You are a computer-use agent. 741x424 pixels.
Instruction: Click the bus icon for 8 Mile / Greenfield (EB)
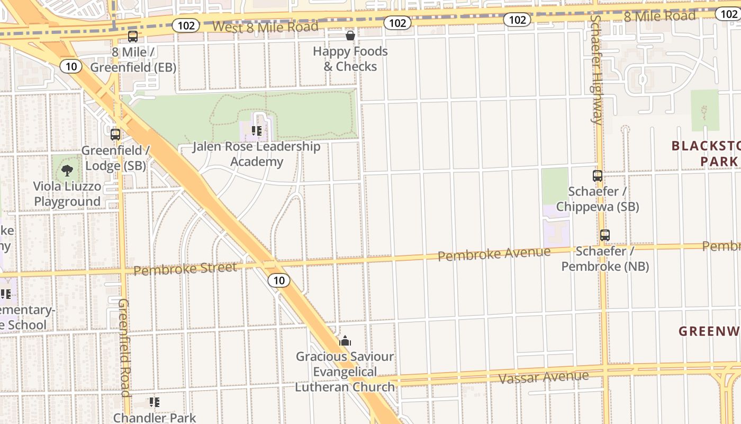tap(132, 37)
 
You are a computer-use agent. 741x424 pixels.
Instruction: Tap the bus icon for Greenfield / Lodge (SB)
tap(115, 134)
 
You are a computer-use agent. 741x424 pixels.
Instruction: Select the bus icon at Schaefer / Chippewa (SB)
tap(598, 176)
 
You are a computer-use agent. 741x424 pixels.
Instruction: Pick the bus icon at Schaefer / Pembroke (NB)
tap(605, 235)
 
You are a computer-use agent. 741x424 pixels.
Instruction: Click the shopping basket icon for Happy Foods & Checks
tap(350, 36)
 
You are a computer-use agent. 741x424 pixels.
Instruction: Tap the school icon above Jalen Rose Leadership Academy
tap(257, 130)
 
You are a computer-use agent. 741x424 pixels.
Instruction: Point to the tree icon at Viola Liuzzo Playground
tap(67, 170)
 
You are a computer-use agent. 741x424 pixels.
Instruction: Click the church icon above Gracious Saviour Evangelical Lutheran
tap(345, 341)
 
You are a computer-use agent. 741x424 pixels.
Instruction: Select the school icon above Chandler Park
tap(154, 402)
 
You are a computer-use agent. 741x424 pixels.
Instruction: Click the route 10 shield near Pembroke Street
tap(279, 280)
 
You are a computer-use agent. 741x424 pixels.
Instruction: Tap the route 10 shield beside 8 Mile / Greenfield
tap(71, 66)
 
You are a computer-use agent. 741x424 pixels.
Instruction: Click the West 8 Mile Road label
tap(265, 26)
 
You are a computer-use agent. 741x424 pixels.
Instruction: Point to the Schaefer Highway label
tap(596, 69)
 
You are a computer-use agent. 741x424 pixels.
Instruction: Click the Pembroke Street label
tap(185, 269)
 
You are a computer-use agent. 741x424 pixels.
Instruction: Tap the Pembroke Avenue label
tap(494, 254)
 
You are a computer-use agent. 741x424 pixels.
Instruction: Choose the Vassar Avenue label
tap(544, 377)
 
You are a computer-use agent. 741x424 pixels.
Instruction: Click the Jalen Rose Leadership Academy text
tap(256, 154)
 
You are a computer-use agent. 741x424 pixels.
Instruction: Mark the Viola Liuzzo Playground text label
tap(67, 194)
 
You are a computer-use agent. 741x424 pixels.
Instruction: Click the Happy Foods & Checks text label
tap(350, 59)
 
